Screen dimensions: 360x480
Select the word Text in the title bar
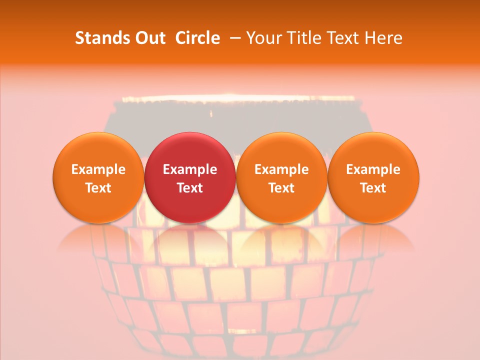(344, 38)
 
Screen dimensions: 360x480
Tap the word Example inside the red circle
(189, 169)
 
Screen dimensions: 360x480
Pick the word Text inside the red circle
(189, 188)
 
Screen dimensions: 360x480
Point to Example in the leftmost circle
(98, 169)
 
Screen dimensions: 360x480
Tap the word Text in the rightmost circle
(373, 188)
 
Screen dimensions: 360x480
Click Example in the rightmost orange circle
(373, 169)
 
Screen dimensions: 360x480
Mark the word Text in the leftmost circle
(98, 188)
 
